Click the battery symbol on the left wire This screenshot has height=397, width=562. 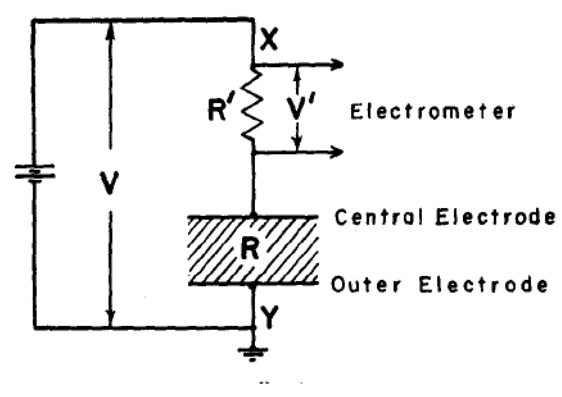[34, 173]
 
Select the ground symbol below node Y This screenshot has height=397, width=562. [253, 352]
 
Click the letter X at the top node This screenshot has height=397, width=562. [269, 40]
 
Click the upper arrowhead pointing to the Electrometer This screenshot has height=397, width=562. [337, 65]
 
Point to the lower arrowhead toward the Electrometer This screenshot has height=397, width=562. [336, 152]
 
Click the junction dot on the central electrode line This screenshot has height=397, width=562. [253, 215]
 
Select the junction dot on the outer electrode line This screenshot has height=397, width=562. [253, 285]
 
